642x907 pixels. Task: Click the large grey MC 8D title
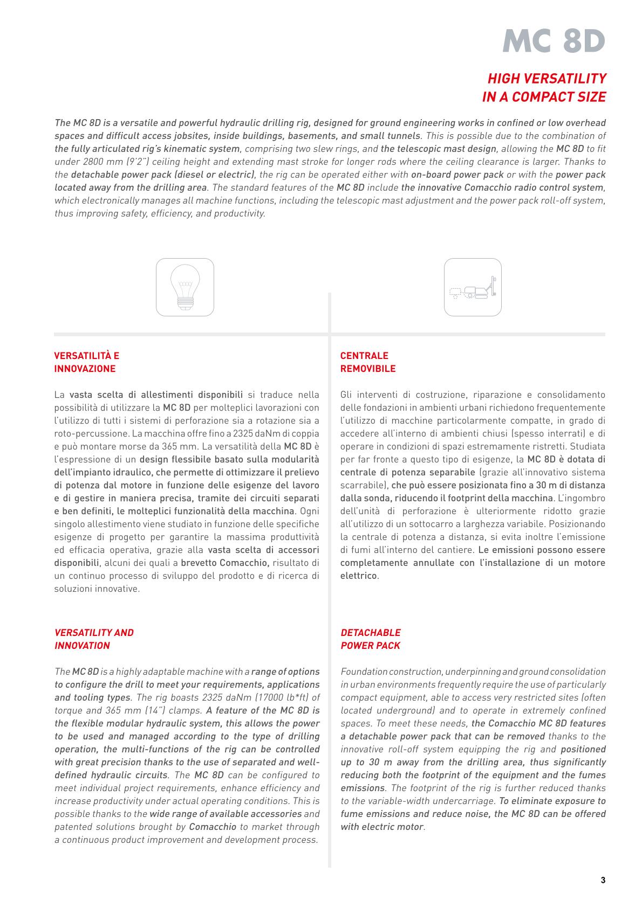pos(554,40)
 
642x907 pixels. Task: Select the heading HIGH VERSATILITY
pos(547,79)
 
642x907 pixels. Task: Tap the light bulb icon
pos(185,287)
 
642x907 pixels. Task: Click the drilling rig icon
pos(473,287)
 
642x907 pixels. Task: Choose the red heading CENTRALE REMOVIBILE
pos(367,362)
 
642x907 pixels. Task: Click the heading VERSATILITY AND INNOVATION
pos(94,639)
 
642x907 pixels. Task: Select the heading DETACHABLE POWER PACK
pos(371,639)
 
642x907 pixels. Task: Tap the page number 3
pos(603,881)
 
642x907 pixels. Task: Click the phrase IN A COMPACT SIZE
pos(544,97)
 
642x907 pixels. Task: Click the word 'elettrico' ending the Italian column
pos(358,576)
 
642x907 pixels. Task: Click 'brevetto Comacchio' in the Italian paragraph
pos(224,563)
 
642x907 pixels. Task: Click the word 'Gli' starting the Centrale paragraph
pos(346,395)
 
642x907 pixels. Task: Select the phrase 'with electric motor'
pos(382,827)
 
